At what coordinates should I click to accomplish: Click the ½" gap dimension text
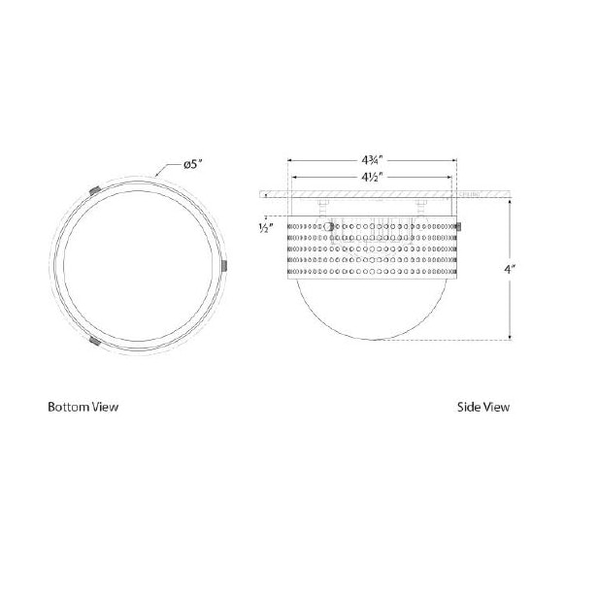tap(263, 229)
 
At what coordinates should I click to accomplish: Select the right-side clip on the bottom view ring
tap(225, 264)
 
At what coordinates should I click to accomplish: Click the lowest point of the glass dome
tap(374, 342)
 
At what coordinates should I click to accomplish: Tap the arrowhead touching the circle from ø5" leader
tap(160, 178)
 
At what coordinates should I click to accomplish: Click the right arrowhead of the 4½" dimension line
tap(450, 178)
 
